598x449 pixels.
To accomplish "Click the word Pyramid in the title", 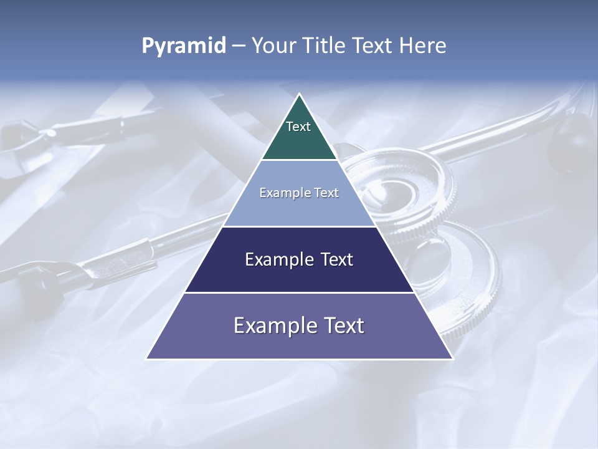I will (184, 46).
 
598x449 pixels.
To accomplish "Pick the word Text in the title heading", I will (374, 46).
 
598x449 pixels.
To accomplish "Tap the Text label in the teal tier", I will (298, 127).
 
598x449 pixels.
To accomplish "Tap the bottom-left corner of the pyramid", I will (147, 358).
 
